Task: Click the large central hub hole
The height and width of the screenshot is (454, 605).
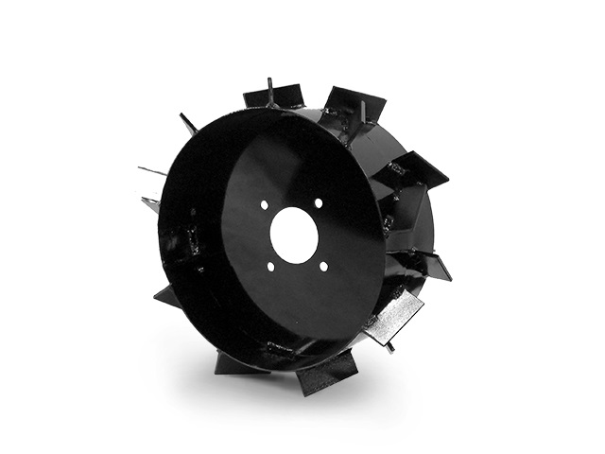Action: (293, 236)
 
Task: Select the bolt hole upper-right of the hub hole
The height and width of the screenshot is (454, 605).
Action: (319, 203)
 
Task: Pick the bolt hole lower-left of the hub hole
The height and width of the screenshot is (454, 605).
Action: (270, 266)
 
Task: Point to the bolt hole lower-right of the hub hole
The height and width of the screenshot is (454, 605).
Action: (323, 266)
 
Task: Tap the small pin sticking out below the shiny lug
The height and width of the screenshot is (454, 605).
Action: (389, 346)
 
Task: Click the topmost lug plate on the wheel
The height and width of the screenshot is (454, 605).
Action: (274, 97)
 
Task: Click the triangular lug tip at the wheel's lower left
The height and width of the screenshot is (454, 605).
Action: (167, 297)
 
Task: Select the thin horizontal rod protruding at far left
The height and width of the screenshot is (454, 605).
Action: (151, 172)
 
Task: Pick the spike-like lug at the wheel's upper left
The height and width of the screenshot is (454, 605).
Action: (187, 124)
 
